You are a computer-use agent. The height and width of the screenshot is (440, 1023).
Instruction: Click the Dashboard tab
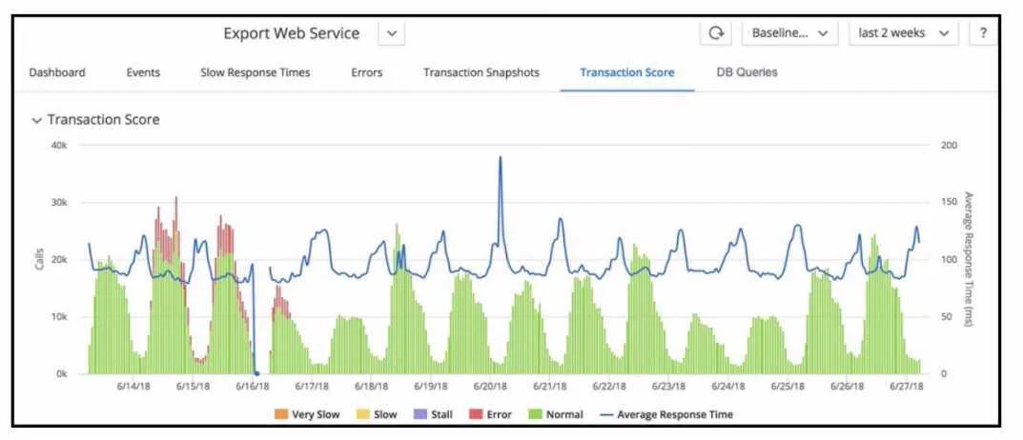[x=57, y=72]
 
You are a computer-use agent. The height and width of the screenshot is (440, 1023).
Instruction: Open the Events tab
[x=143, y=72]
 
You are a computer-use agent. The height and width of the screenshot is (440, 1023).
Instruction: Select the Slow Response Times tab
[x=256, y=72]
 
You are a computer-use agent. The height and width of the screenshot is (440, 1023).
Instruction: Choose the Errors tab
[x=367, y=72]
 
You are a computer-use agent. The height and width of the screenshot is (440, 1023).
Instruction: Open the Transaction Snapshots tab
[x=481, y=72]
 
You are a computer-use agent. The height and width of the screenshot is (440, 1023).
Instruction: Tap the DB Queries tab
[x=747, y=72]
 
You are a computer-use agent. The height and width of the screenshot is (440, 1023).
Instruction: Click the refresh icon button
[x=716, y=33]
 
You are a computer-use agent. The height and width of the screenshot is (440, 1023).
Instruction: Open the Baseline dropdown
[x=789, y=33]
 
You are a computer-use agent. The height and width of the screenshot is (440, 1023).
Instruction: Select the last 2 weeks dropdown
[x=904, y=33]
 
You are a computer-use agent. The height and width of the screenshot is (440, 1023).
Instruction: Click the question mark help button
[x=983, y=33]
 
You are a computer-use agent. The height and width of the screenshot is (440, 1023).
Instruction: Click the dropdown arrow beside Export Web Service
[x=392, y=33]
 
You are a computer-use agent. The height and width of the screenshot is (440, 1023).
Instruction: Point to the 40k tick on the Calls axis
[x=59, y=146]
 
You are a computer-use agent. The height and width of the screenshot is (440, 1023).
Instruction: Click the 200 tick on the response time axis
[x=950, y=146]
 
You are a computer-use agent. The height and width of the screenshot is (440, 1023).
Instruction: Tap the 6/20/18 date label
[x=491, y=386]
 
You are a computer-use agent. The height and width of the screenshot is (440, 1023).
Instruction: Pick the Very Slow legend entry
[x=307, y=414]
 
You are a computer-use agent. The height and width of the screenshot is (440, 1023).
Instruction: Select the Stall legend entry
[x=433, y=414]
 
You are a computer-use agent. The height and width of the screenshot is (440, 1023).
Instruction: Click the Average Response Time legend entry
[x=665, y=414]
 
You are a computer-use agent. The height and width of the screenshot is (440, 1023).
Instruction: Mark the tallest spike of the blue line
[x=501, y=157]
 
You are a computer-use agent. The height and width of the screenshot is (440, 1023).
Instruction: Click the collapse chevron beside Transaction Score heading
[x=36, y=121]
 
